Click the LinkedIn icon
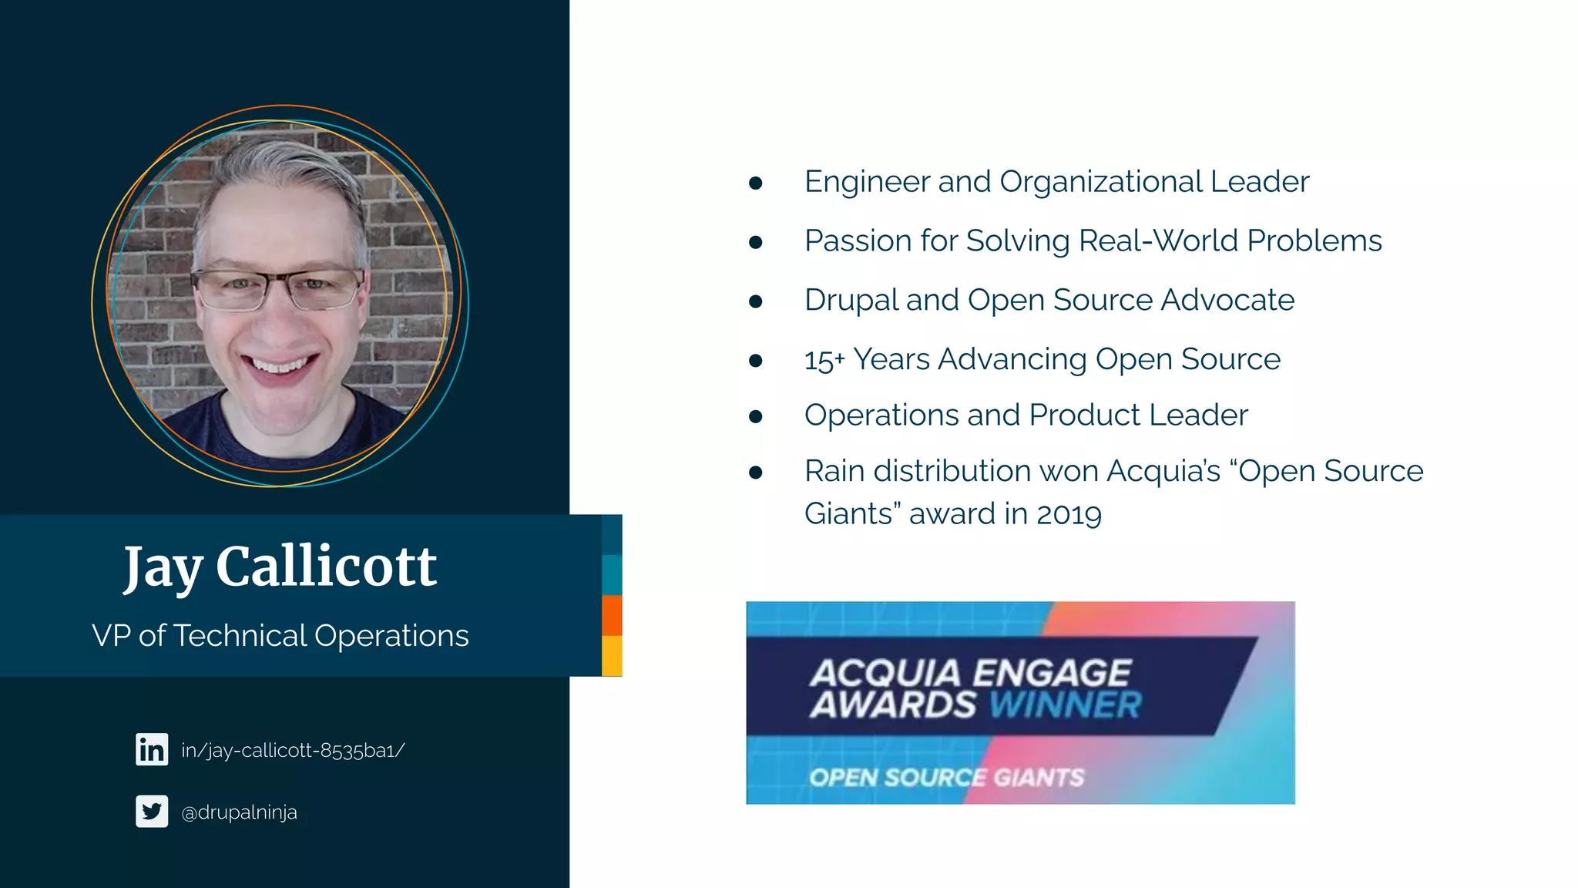152,749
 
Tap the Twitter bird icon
152,811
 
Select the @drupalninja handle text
239,812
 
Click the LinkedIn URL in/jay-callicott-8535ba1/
293,750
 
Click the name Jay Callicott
280,567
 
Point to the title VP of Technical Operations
280,636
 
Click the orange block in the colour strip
612,615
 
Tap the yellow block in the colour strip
612,656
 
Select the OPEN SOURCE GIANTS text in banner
946,777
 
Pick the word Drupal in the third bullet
851,300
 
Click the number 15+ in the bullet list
824,360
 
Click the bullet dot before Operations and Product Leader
755,417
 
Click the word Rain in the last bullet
834,471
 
